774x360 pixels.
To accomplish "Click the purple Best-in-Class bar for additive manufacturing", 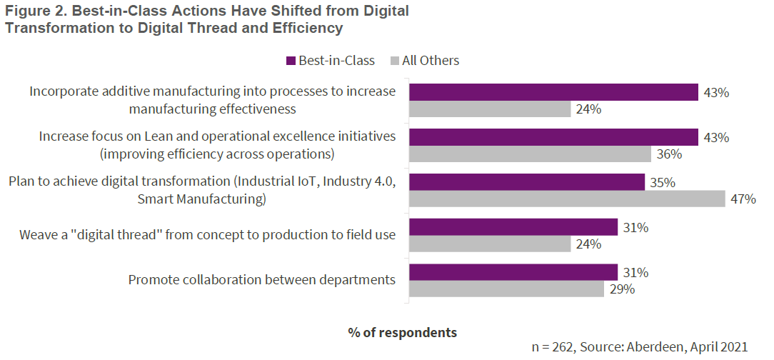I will [x=553, y=92].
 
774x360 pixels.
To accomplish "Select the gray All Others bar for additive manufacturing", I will [x=489, y=109].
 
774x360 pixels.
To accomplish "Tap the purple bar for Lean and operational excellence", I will [x=553, y=137].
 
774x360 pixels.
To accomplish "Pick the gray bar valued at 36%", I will [x=529, y=154].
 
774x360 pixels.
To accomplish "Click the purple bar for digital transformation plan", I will [x=526, y=182].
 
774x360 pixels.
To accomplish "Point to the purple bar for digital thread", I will [x=513, y=227].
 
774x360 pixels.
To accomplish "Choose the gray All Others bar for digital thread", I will [x=489, y=244].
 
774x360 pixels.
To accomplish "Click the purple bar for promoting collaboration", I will [x=513, y=272].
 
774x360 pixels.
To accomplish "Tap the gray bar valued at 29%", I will [x=506, y=289].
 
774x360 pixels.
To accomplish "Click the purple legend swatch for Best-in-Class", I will [x=291, y=61].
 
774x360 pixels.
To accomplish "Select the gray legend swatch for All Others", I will [x=394, y=61].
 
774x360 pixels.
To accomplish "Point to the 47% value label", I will [x=743, y=199].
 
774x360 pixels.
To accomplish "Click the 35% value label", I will [x=662, y=182].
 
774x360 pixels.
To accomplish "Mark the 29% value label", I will [x=621, y=289].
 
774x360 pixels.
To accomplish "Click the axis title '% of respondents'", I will [x=403, y=332].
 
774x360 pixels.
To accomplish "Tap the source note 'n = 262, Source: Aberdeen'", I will [x=640, y=347].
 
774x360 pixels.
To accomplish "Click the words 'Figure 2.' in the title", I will [x=34, y=12].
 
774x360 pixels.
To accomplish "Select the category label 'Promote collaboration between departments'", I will [x=261, y=280].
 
